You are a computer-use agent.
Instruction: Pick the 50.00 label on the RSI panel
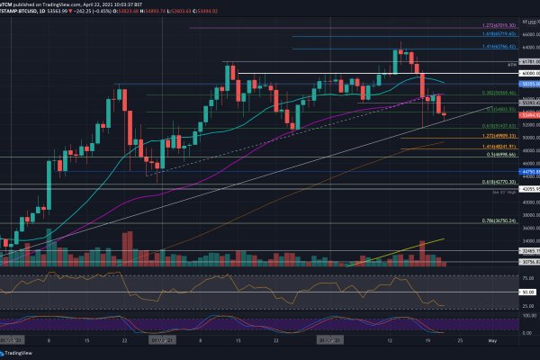point(527,292)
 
